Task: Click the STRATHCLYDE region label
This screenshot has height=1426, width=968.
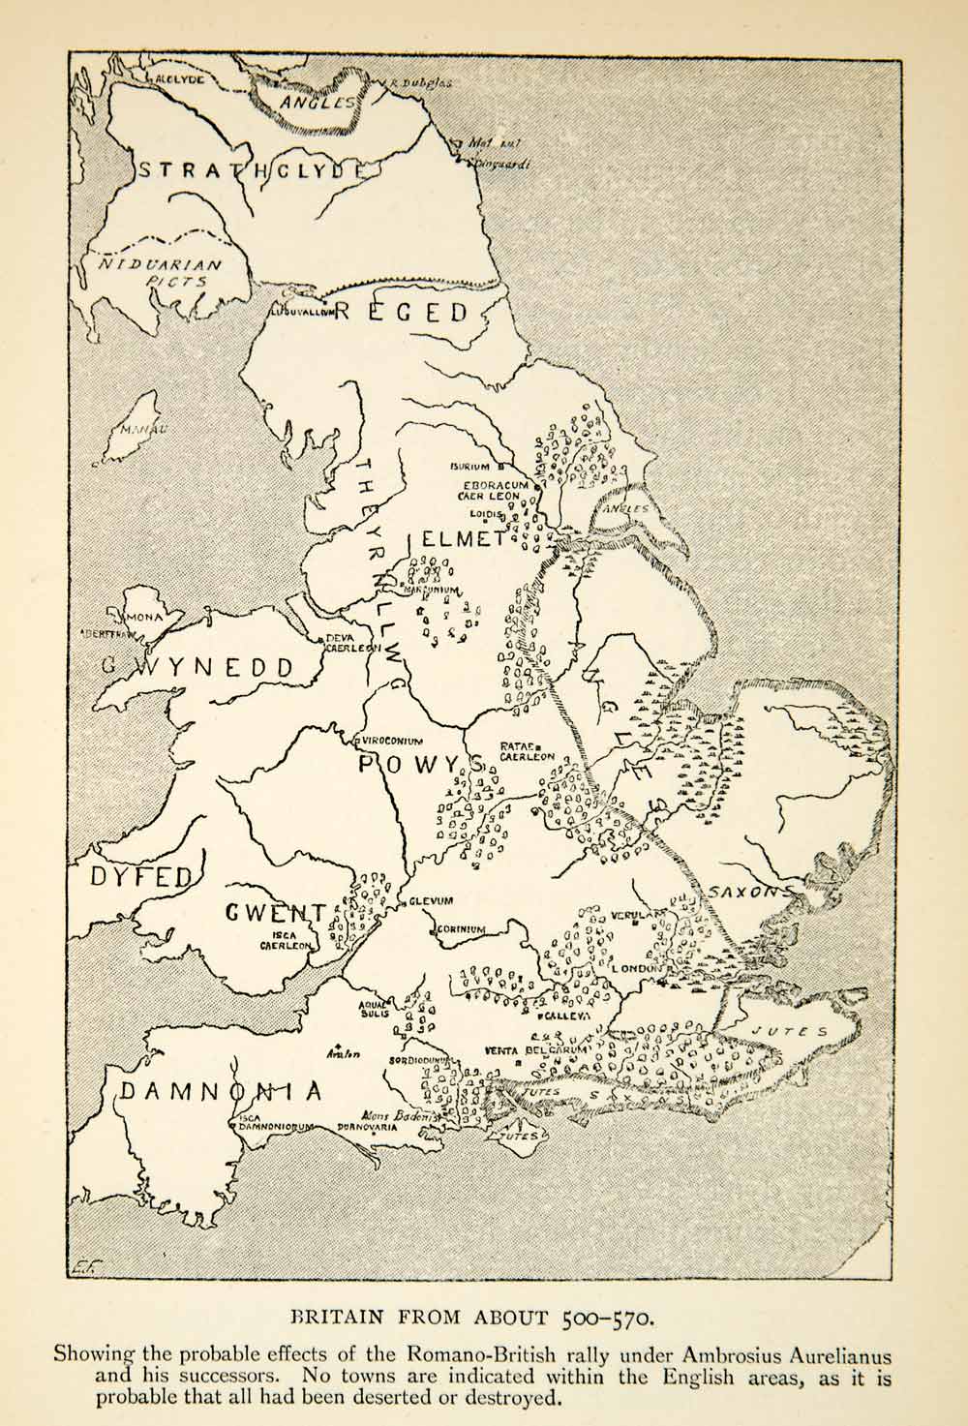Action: click(254, 170)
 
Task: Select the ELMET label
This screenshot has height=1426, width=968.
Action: click(463, 539)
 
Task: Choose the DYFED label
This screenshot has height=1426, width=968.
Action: click(141, 877)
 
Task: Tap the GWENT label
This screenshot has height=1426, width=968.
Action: click(276, 913)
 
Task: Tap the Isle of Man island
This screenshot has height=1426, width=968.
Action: click(130, 427)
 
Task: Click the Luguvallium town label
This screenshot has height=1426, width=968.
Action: click(302, 313)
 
